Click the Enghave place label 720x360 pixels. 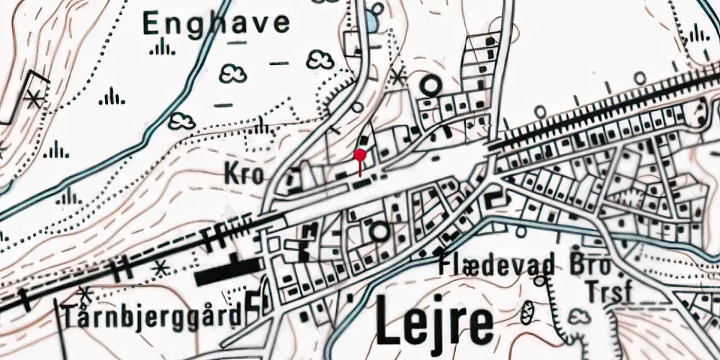216,24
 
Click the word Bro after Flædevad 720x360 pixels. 590,266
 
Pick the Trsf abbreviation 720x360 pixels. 608,292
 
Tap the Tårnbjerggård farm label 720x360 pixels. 150,317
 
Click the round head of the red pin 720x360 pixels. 361,153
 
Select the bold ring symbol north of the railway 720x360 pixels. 431,86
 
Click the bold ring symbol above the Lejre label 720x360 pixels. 379,232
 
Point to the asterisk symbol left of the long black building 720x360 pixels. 160,268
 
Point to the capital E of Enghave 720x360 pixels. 152,24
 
